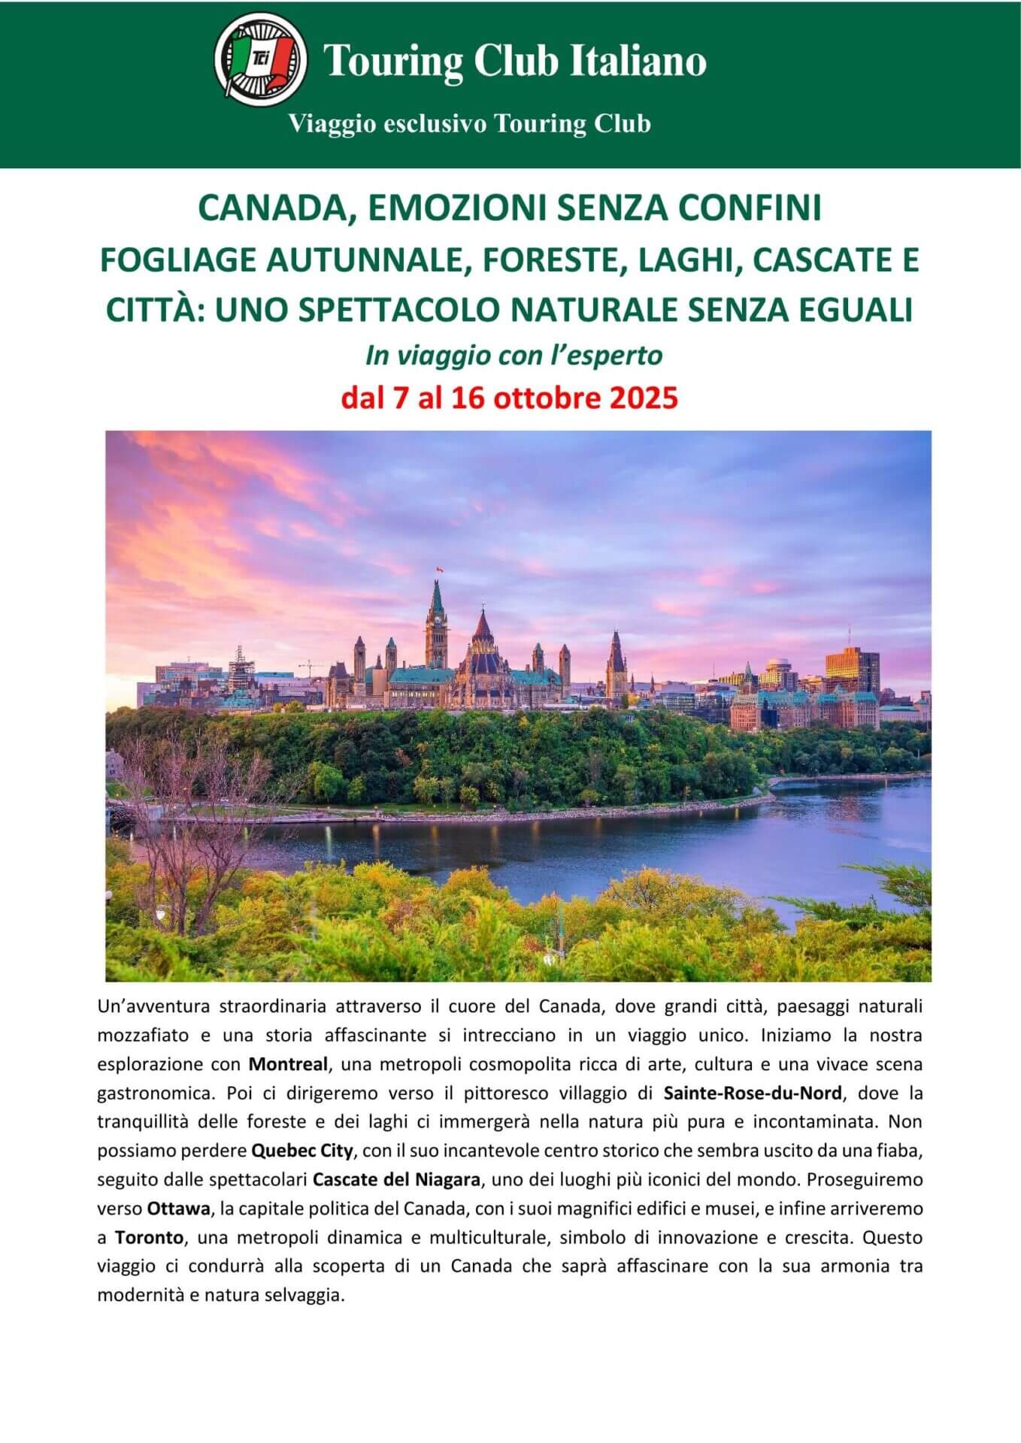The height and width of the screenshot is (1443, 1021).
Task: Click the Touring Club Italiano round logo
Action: (260, 59)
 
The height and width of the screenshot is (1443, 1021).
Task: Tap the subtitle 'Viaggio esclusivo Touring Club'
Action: (470, 123)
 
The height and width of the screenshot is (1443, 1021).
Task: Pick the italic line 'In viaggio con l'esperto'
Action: (514, 355)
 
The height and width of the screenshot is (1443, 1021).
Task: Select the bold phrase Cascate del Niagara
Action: (396, 1179)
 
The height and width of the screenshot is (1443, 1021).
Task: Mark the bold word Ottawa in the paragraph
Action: (178, 1209)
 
